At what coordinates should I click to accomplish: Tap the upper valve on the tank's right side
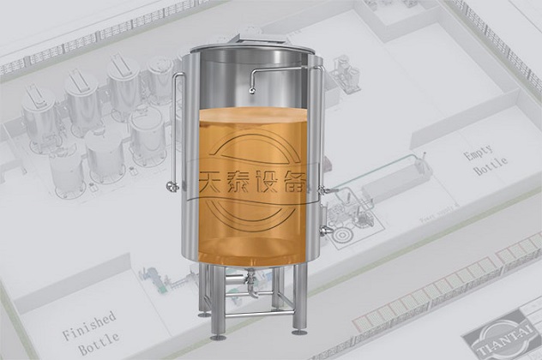click(x=324, y=189)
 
